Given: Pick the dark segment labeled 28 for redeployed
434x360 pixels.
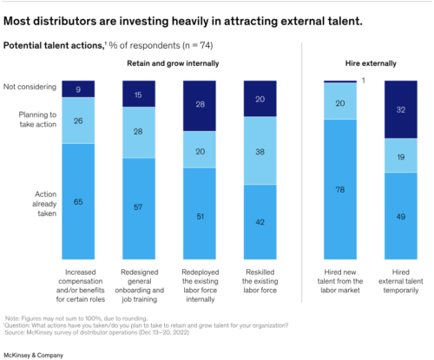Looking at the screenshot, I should click(x=201, y=105).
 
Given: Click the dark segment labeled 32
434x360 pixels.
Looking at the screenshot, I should click(x=400, y=110).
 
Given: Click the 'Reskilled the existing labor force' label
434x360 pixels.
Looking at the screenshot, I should click(x=261, y=276).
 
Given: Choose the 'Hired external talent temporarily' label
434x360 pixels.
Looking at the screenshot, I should click(x=400, y=276).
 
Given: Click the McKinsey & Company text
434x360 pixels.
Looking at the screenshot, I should click(x=44, y=348).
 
